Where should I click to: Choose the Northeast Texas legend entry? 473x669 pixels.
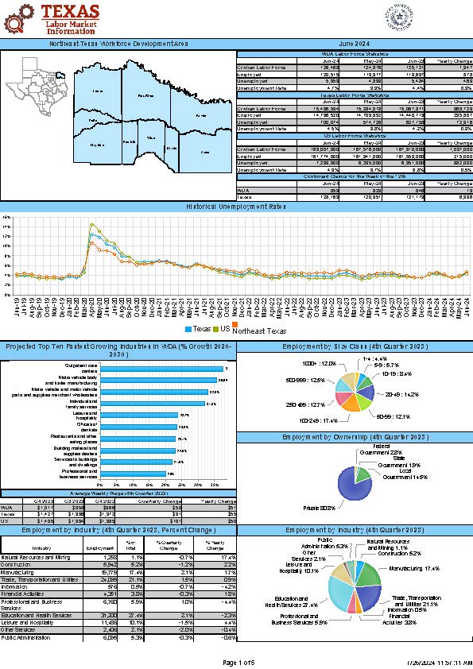pos(264,330)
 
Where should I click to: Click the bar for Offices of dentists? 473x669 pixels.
pos(138,427)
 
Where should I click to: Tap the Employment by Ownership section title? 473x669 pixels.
pos(355,438)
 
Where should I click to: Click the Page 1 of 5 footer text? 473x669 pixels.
pos(236,662)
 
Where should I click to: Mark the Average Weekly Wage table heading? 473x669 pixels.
pos(118,493)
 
